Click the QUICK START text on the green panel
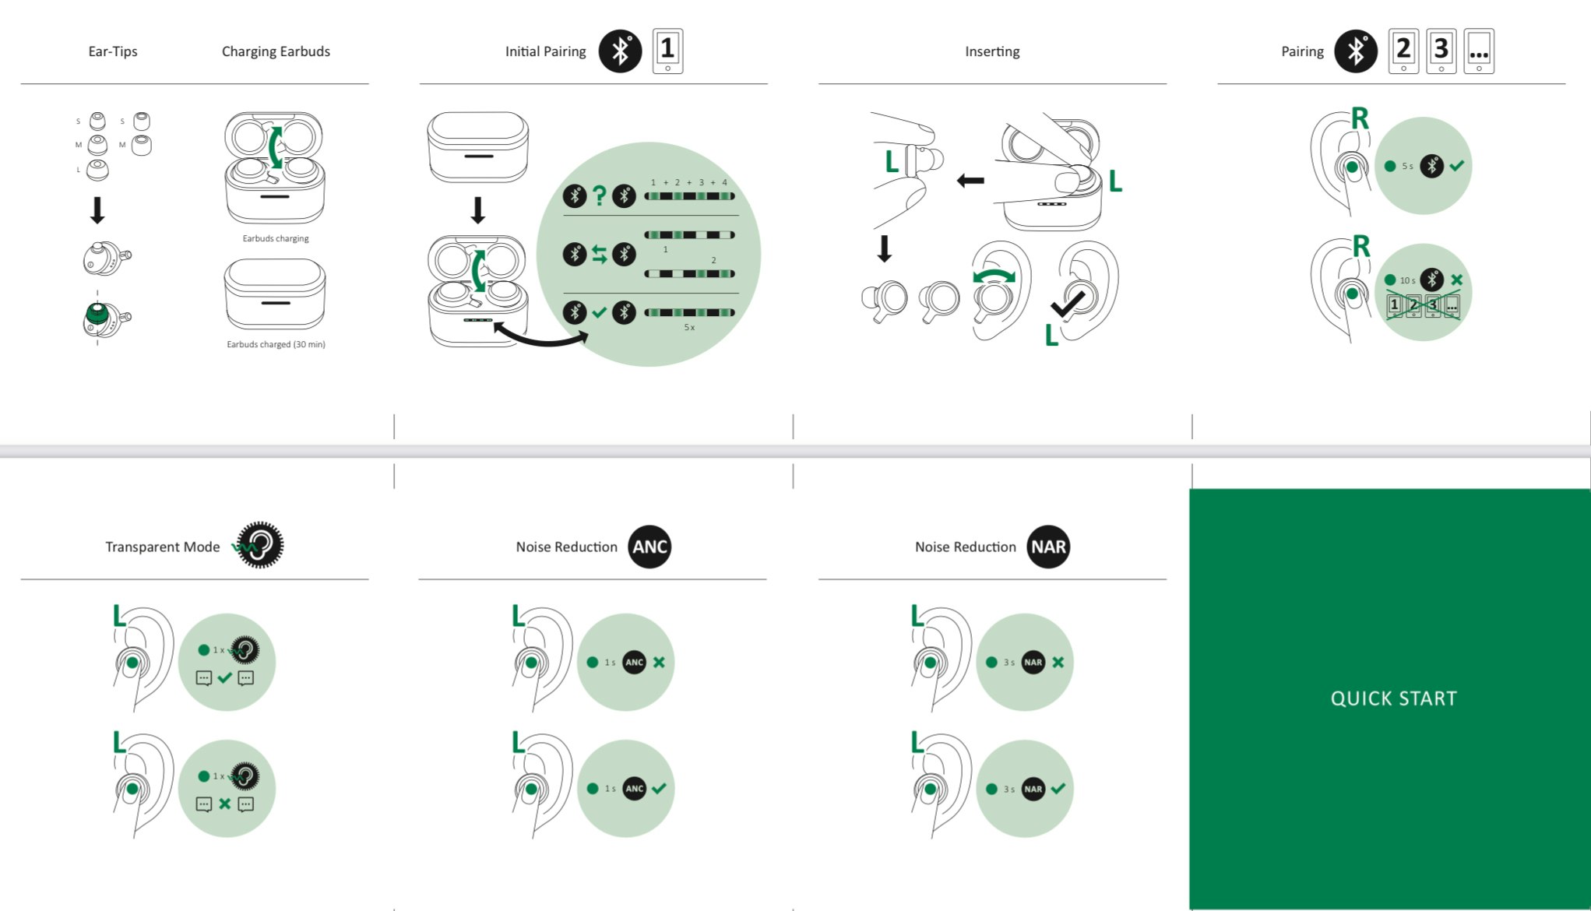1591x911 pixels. [x=1393, y=698]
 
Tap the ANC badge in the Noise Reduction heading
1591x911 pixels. [x=649, y=547]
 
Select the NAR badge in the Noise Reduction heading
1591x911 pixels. [x=1048, y=547]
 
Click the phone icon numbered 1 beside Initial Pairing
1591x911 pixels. [x=667, y=51]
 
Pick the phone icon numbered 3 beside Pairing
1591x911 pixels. [x=1441, y=51]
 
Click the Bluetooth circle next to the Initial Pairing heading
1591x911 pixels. [x=620, y=51]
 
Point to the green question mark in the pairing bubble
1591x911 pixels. [x=599, y=195]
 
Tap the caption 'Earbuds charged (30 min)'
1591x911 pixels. [x=276, y=344]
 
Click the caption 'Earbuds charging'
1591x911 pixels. [x=276, y=238]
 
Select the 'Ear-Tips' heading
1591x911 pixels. [x=113, y=51]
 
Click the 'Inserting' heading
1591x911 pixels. [x=992, y=51]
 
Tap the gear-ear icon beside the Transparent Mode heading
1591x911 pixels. [x=259, y=545]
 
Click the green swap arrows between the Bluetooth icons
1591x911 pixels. [x=599, y=254]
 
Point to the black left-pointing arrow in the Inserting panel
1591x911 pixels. [x=970, y=181]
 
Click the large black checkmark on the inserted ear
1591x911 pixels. [x=1068, y=304]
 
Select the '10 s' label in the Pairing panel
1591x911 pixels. [x=1407, y=280]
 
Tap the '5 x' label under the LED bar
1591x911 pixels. [x=689, y=328]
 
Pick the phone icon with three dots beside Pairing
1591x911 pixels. [x=1479, y=51]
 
